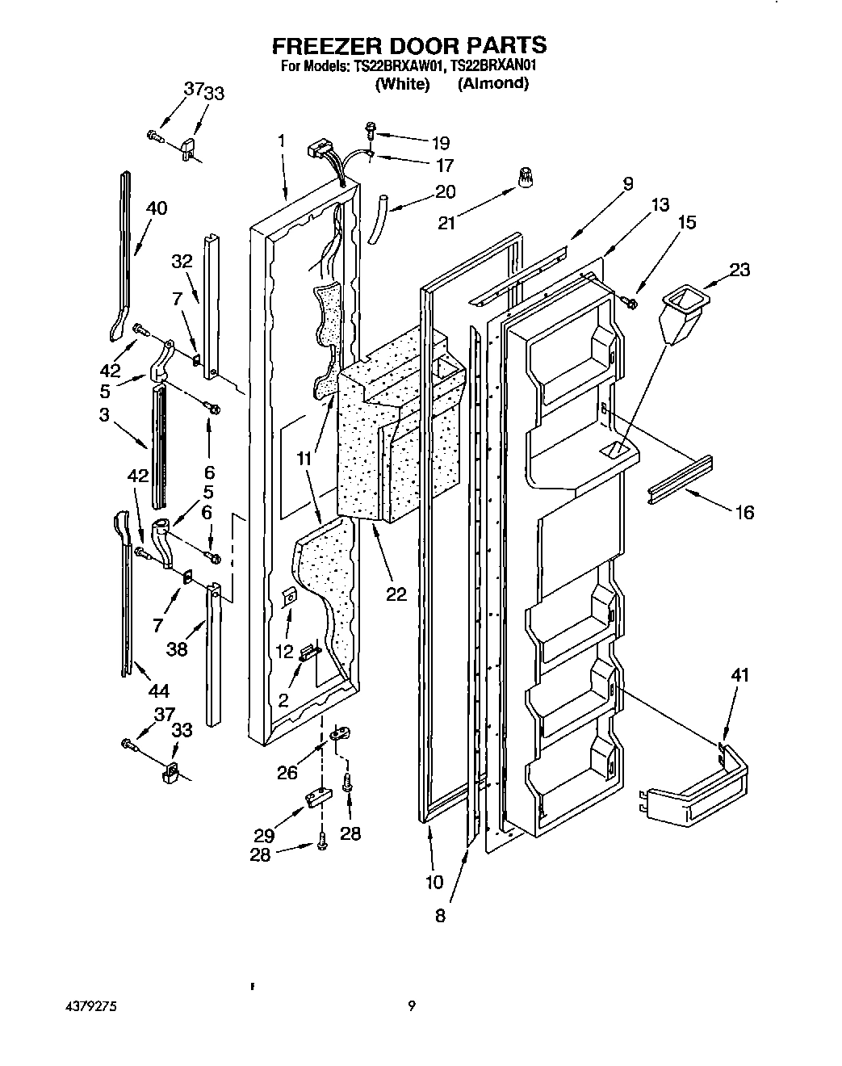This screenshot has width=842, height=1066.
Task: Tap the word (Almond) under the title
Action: click(492, 83)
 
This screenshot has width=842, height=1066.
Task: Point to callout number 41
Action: click(739, 675)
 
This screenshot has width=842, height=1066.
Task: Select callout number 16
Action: click(744, 511)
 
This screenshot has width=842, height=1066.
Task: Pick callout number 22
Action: click(396, 594)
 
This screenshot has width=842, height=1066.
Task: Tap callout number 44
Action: click(158, 690)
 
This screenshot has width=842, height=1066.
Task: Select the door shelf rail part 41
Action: click(694, 787)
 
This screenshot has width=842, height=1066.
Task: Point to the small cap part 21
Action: click(527, 178)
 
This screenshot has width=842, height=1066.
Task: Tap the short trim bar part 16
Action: click(679, 481)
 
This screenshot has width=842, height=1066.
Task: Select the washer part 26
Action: click(340, 733)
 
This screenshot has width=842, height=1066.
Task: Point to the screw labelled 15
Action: click(630, 303)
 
